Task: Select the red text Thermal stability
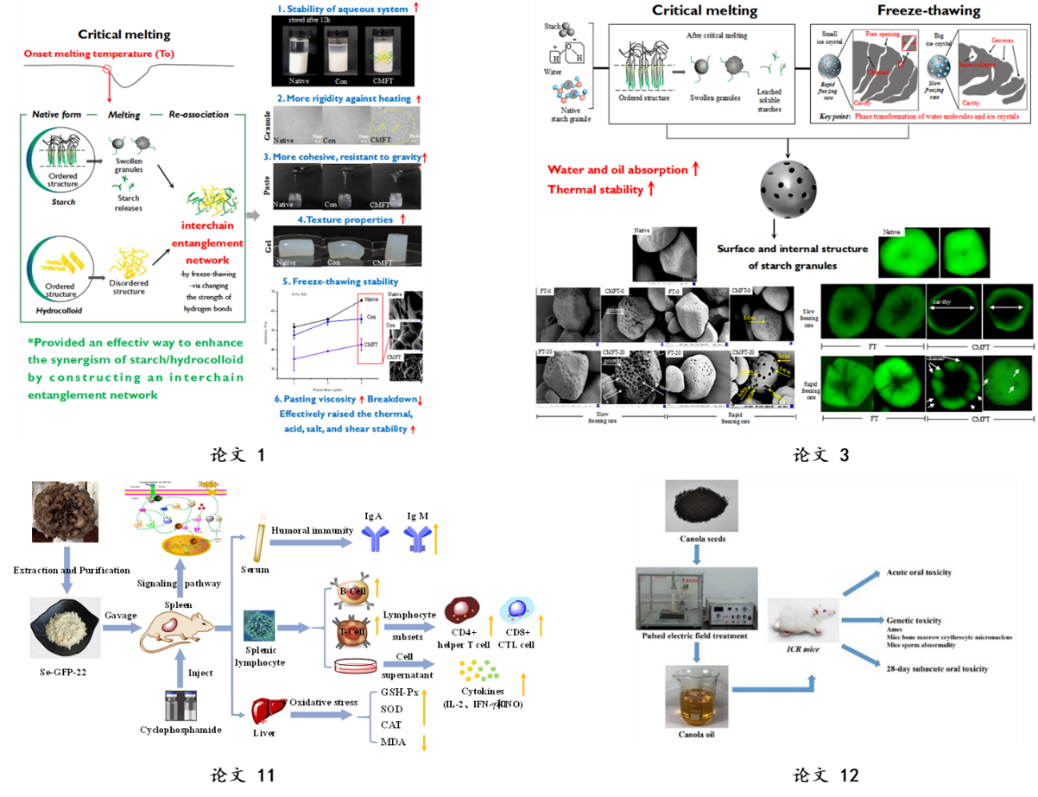[595, 189]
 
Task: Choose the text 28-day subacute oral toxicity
[936, 668]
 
